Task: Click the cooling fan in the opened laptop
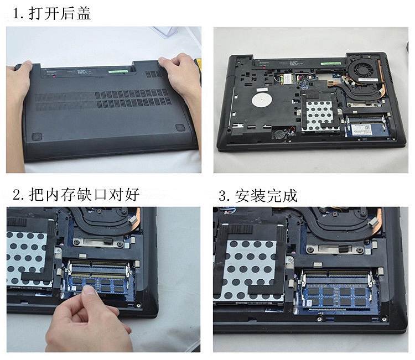[364, 67]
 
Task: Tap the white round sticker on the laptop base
[262, 100]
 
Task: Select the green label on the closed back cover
[118, 71]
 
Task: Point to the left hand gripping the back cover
[17, 114]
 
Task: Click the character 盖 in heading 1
[84, 13]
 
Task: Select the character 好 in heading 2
[132, 195]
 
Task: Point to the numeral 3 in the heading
[222, 196]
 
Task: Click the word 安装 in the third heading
[250, 196]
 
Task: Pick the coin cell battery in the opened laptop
[278, 134]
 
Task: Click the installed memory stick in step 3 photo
[336, 295]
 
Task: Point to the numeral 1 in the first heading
[16, 13]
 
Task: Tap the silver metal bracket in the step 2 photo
[98, 242]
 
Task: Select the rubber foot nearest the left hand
[37, 137]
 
